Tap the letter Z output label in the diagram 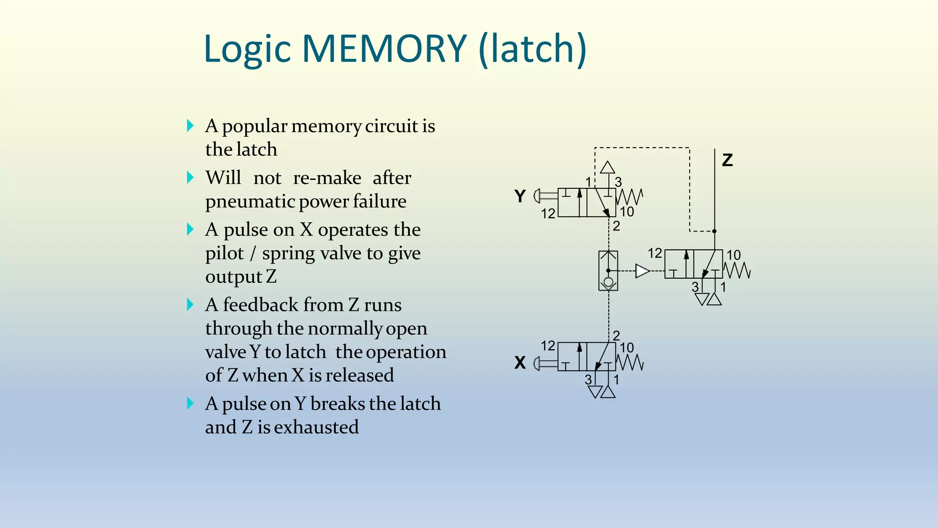(727, 160)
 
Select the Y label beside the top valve (520, 196)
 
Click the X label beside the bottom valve (520, 363)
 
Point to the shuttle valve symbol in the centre (608, 271)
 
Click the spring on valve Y (630, 197)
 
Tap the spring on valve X (630, 363)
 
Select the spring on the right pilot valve (737, 270)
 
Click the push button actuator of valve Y (544, 196)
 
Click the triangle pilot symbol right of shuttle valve (642, 271)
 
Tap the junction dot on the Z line (714, 231)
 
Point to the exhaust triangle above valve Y (607, 167)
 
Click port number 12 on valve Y (548, 214)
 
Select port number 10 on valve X (627, 348)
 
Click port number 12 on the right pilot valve (655, 253)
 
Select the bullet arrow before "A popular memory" (191, 126)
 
